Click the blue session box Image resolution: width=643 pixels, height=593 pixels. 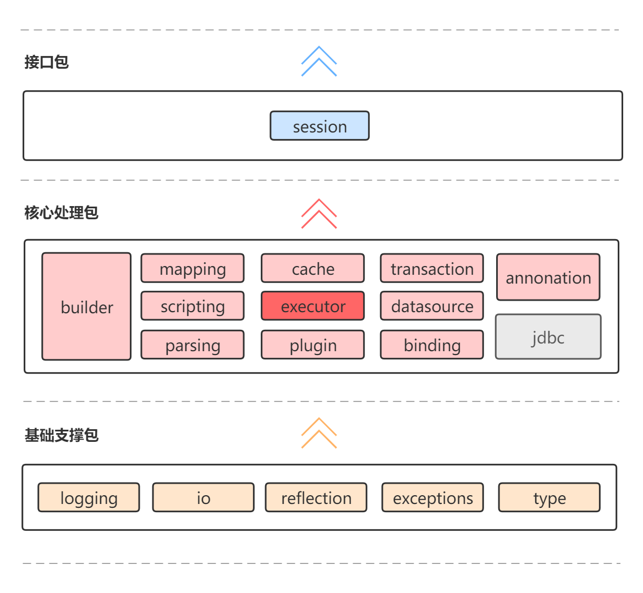click(319, 126)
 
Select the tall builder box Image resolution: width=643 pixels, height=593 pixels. click(86, 306)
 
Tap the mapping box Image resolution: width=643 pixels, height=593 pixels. click(193, 268)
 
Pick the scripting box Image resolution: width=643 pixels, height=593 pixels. click(193, 306)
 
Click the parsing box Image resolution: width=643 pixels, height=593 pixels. click(193, 345)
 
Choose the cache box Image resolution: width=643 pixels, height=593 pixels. click(312, 268)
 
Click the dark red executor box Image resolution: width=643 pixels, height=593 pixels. click(312, 306)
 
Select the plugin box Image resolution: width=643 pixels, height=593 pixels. click(312, 345)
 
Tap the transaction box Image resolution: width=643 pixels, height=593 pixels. click(432, 268)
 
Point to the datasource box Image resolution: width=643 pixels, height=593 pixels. click(432, 306)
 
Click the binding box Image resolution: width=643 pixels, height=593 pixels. click(432, 345)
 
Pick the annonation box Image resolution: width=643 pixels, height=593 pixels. click(548, 277)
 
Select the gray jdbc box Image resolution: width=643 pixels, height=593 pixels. click(548, 337)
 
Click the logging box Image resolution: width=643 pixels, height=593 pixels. click(89, 497)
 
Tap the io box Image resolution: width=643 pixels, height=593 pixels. click(203, 497)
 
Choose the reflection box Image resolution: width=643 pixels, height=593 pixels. click(316, 497)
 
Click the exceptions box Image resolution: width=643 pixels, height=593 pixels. click(432, 497)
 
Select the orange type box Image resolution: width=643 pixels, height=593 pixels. click(549, 497)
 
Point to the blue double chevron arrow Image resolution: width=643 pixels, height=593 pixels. click(319, 62)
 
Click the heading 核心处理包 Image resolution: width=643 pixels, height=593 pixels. click(61, 213)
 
